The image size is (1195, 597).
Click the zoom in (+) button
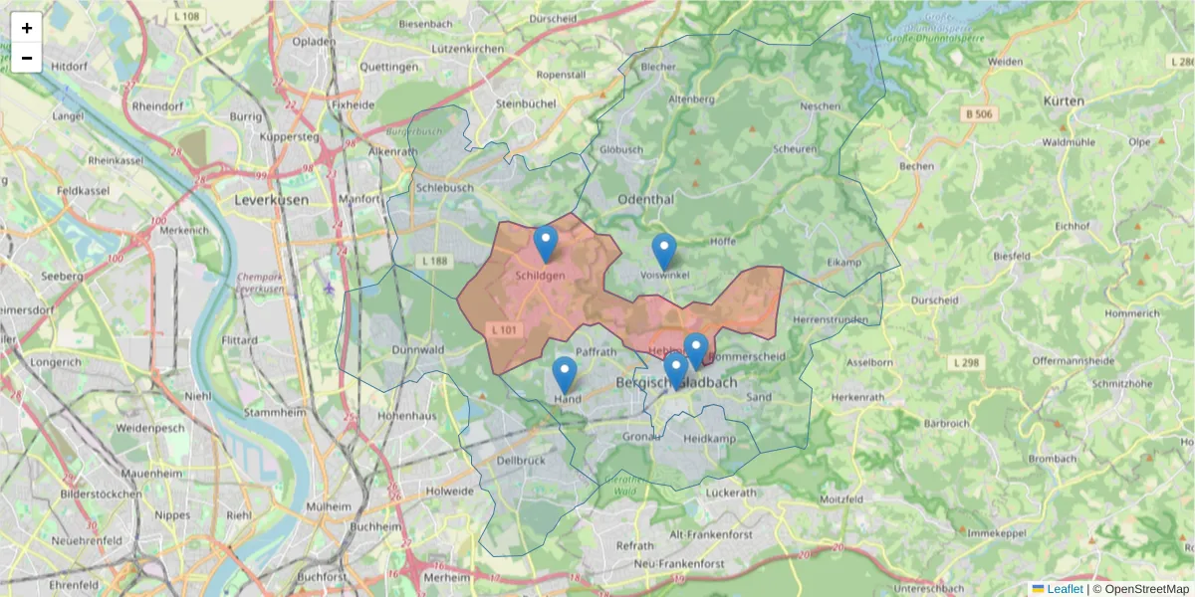pos(27,28)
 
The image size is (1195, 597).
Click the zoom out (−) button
pos(27,58)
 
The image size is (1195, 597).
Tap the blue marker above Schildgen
pos(545,243)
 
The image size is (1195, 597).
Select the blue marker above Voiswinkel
pos(664,251)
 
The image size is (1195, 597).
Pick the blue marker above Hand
pos(565,374)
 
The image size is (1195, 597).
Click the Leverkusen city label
pos(271,199)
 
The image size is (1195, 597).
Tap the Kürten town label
pos(1064,101)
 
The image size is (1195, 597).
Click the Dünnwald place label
pos(417,350)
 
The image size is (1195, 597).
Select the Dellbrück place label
pos(521,461)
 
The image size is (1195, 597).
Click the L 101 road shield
pos(503,328)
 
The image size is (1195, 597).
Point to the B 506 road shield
pos(979,114)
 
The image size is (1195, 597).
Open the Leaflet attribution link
pos(1065,589)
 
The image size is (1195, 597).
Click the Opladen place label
pos(314,42)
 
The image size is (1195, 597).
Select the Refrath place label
pos(635,545)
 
